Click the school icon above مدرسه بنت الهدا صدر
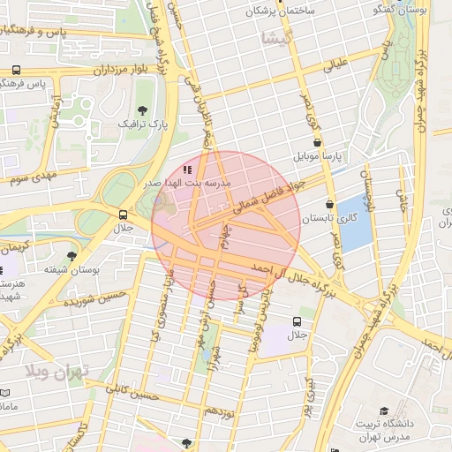186,169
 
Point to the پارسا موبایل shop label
317,156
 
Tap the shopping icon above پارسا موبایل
317,141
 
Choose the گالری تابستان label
329,217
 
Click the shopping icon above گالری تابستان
329,203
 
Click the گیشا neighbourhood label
275,37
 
